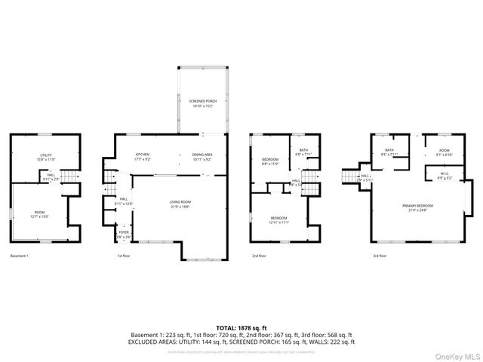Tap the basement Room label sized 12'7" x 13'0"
tap(39, 214)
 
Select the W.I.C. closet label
tap(445, 176)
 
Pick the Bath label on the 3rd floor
tap(389, 152)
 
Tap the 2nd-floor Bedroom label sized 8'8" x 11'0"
tap(270, 161)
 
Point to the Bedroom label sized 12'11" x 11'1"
tap(279, 220)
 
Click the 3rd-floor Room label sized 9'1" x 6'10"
tap(444, 152)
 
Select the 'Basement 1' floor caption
tap(20, 256)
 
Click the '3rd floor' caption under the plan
tap(380, 256)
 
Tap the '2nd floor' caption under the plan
tap(260, 256)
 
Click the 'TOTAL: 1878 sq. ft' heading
tap(241, 327)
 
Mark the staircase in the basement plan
tap(70, 176)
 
